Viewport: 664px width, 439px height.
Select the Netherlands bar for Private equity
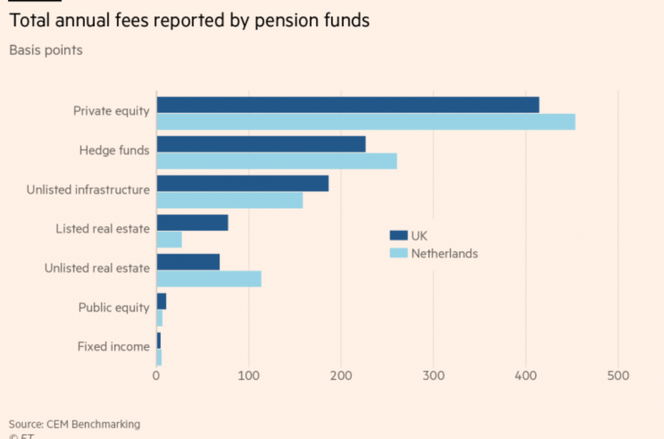pyautogui.click(x=366, y=121)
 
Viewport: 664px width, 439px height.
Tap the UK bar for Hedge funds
pyautogui.click(x=261, y=144)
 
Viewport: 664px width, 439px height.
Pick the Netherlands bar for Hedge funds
pyautogui.click(x=276, y=161)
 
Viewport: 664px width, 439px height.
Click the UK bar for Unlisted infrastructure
pyautogui.click(x=243, y=184)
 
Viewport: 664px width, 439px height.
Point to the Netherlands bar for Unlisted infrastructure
pyautogui.click(x=230, y=201)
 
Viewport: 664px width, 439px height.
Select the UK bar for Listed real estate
pyautogui.click(x=192, y=223)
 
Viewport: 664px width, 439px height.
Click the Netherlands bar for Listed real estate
pyautogui.click(x=169, y=240)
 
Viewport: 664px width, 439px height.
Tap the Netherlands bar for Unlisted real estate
pyautogui.click(x=209, y=279)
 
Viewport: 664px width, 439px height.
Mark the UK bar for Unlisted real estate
pyautogui.click(x=188, y=262)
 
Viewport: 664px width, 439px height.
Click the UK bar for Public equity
pyautogui.click(x=161, y=301)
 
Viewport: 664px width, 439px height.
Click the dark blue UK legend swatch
pyautogui.click(x=397, y=236)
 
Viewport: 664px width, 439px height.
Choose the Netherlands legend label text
pyautogui.click(x=444, y=253)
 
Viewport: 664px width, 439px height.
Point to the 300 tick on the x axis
pyautogui.click(x=433, y=375)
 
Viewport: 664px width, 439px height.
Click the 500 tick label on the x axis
pyautogui.click(x=618, y=375)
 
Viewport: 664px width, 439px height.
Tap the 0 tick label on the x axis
pyautogui.click(x=156, y=375)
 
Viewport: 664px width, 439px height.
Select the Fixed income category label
pyautogui.click(x=113, y=346)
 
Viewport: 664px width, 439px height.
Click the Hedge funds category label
pyautogui.click(x=114, y=150)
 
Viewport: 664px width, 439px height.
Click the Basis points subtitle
pyautogui.click(x=45, y=50)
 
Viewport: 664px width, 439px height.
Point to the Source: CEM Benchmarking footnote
pyautogui.click(x=74, y=424)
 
